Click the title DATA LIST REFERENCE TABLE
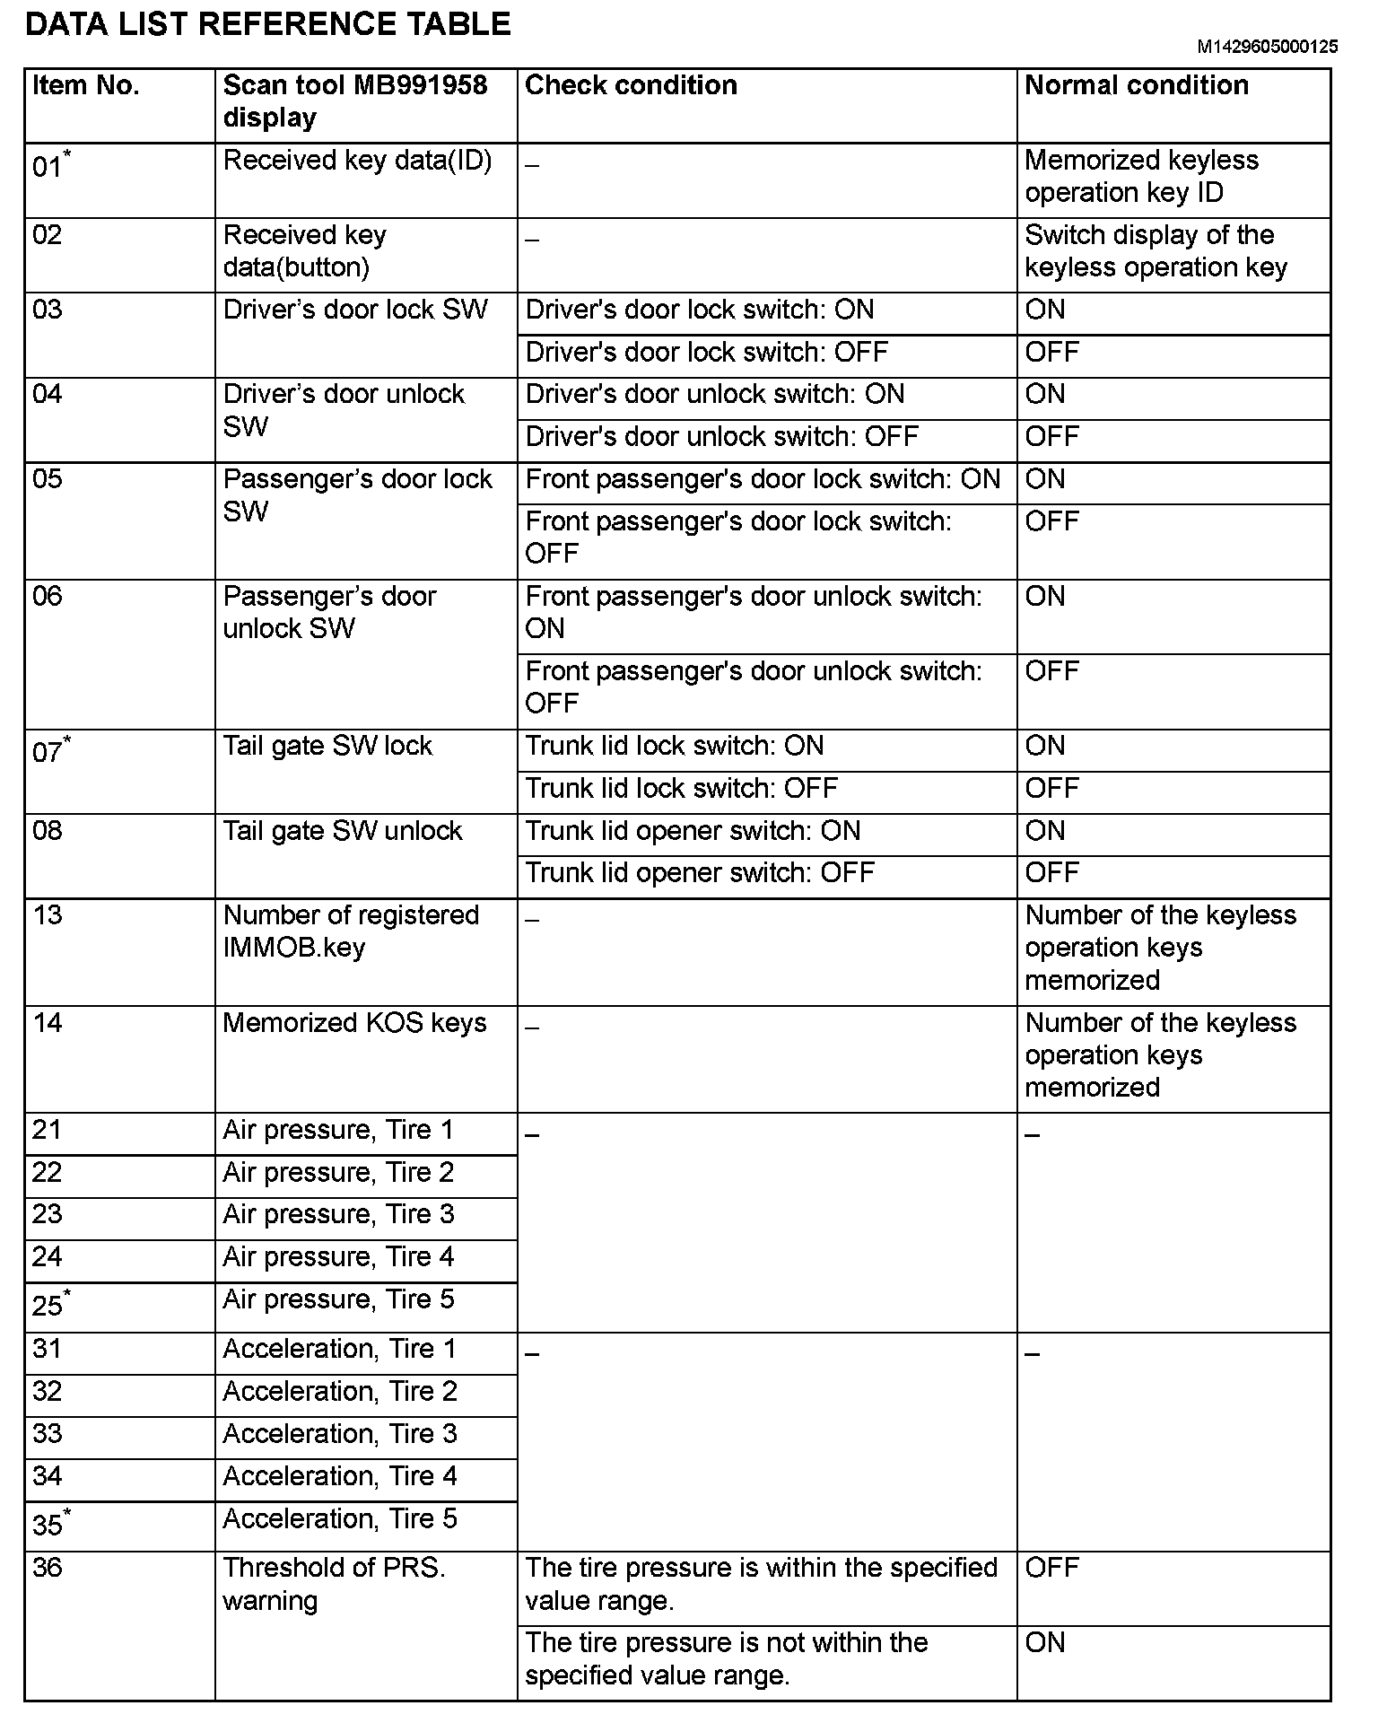(267, 23)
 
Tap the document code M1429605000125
(1267, 47)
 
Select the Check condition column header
(631, 85)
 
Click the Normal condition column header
(1136, 85)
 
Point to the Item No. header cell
(86, 85)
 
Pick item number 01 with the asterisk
(51, 165)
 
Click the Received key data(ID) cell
(357, 161)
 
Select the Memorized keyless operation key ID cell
(1141, 177)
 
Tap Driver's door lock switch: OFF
(706, 352)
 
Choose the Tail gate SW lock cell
(327, 746)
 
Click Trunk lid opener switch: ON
(693, 830)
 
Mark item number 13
(48, 914)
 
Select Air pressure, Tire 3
(338, 1214)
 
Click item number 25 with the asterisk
(51, 1303)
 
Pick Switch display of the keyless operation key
(1156, 251)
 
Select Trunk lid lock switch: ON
(674, 746)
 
